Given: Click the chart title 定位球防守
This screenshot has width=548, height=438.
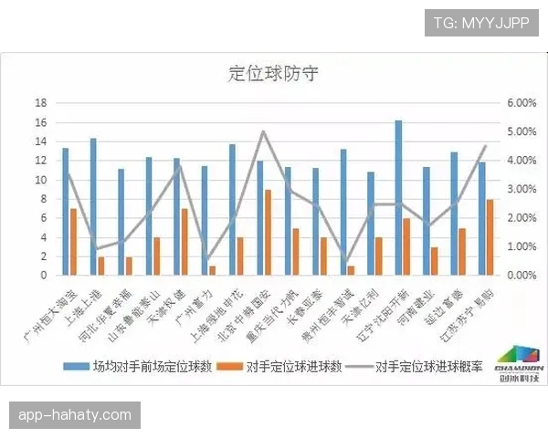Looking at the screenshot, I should point(273,73).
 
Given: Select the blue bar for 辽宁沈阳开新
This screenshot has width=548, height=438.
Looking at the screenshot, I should point(399,197).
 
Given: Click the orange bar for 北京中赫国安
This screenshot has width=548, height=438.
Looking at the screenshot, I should point(268,232).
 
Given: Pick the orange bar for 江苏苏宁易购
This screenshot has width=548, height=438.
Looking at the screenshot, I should point(490,236).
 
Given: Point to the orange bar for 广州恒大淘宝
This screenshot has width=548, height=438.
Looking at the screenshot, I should point(73,241).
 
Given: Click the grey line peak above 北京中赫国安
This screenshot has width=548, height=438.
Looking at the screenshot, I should point(263,131).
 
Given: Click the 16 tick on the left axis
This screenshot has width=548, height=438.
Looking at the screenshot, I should point(40,103).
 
